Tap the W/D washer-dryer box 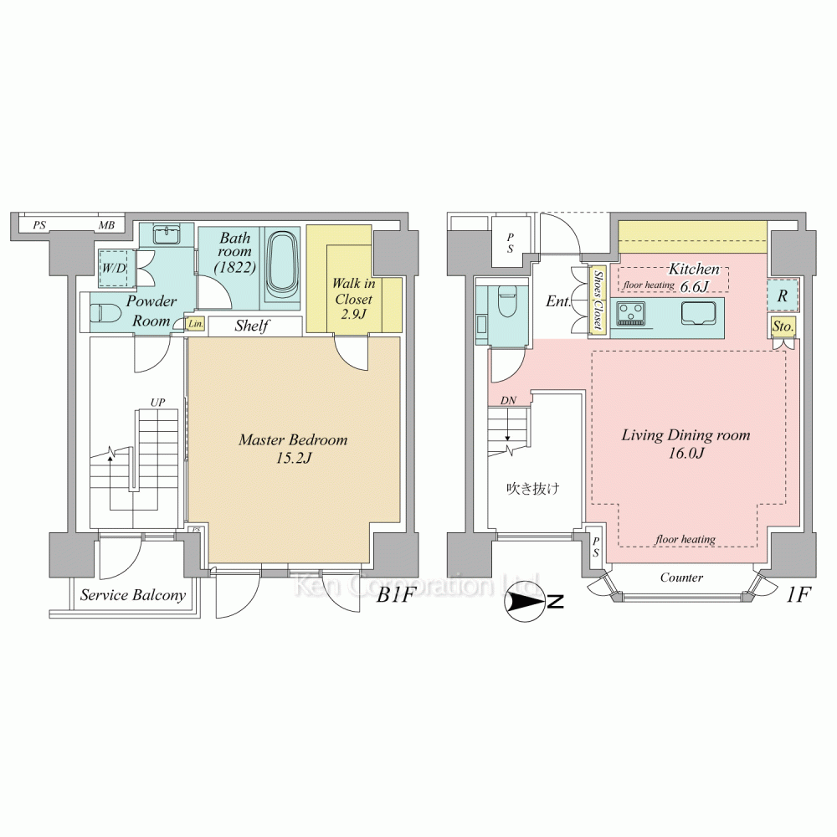[114, 269]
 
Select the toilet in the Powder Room [101, 313]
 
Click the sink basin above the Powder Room [167, 235]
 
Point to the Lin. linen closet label [195, 324]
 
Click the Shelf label [251, 326]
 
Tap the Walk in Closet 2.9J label [353, 299]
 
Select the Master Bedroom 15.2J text [293, 449]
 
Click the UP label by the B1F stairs [157, 403]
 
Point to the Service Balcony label [133, 595]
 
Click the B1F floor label [395, 595]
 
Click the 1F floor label [798, 595]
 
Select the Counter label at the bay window [681, 578]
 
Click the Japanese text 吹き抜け [532, 489]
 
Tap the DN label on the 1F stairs [508, 400]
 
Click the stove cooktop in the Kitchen [631, 313]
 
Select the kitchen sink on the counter [698, 314]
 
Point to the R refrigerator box [783, 295]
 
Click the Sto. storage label [783, 326]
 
